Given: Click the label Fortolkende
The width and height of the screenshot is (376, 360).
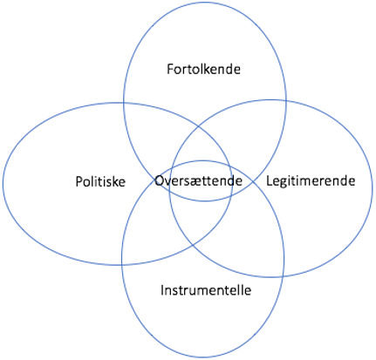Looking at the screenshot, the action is point(203,70).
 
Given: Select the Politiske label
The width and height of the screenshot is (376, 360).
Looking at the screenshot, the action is point(100,181).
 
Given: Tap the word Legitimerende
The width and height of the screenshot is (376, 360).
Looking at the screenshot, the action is point(311,181).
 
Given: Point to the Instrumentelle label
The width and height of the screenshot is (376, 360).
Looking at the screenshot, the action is point(206,290).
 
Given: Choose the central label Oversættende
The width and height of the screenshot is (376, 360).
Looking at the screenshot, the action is point(198,181).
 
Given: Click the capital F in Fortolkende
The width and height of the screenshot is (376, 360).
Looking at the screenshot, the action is point(170,70).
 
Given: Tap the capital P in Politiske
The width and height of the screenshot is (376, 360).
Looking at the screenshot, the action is point(79,182).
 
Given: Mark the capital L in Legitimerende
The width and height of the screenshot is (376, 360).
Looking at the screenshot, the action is point(270,180).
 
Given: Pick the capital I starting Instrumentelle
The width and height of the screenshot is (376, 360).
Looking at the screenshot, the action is point(162,290).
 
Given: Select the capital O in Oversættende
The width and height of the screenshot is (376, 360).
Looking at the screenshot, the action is point(160,181).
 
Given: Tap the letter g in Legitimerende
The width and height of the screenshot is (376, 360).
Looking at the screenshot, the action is point(284,183).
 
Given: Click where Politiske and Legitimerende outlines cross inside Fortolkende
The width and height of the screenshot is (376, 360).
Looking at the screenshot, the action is point(199,126).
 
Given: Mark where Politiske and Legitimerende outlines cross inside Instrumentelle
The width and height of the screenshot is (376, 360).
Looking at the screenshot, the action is point(193,246).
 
